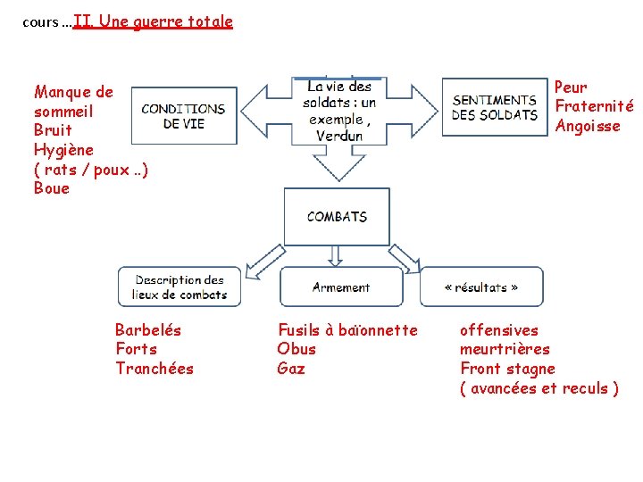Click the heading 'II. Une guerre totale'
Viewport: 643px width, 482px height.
(153, 21)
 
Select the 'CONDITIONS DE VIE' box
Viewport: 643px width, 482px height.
(183, 116)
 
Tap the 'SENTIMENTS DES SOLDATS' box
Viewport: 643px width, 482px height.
(494, 107)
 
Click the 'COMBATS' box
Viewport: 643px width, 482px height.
(337, 216)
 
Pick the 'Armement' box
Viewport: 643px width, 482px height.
(340, 287)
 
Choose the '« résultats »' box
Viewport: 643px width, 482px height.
(481, 287)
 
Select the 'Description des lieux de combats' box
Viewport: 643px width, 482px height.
(180, 287)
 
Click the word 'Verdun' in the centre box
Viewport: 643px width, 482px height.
(338, 136)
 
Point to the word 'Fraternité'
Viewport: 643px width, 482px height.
(594, 106)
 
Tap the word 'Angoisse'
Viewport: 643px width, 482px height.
(587, 126)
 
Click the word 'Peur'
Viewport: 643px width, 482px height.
(571, 87)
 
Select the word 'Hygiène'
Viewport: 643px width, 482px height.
(63, 150)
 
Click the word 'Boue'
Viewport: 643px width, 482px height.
(51, 188)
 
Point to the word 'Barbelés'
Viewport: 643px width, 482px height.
(148, 330)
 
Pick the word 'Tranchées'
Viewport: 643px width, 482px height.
(154, 369)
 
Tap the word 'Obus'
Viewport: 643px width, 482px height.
(296, 349)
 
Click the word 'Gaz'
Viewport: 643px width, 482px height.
(291, 369)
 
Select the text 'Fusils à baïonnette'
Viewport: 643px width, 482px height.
(347, 330)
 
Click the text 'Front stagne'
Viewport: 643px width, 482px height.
(507, 369)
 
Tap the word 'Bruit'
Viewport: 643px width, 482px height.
(53, 130)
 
